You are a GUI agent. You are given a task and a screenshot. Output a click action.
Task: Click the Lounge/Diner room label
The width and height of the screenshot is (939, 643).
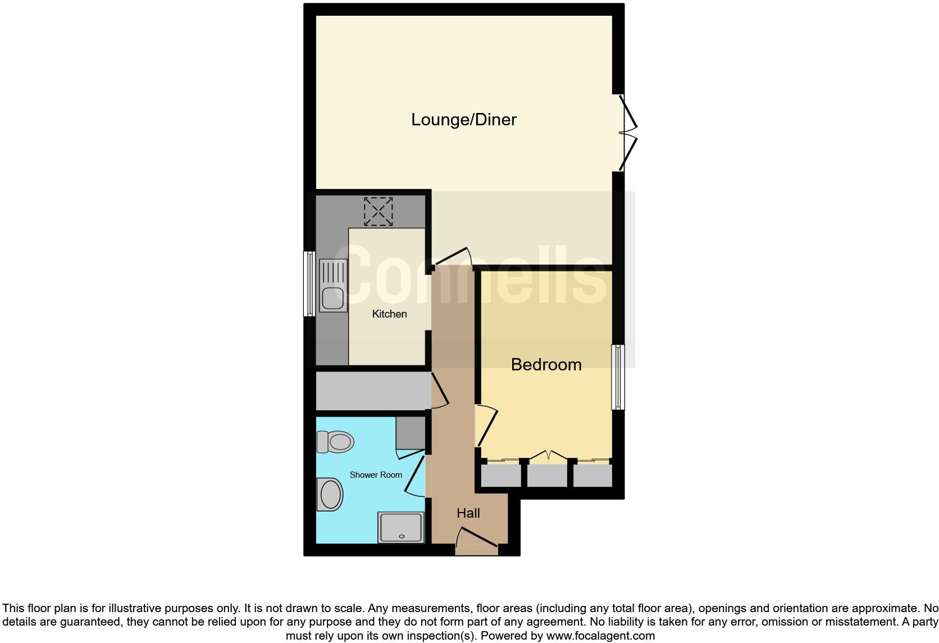pos(463,119)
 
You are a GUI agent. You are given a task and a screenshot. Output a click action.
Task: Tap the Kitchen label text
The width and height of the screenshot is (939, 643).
pos(389,314)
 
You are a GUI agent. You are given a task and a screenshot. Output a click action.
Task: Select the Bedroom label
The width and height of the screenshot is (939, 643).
pos(546,364)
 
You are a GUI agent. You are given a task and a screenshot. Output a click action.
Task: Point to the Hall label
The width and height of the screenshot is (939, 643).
pos(468,513)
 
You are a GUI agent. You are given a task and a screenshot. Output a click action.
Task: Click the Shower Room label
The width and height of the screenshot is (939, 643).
pos(376,475)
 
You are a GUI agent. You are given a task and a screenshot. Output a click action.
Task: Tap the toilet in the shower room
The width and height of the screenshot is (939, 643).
pos(335,442)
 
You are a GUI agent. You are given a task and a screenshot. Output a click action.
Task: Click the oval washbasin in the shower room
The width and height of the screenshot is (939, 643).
pos(330,495)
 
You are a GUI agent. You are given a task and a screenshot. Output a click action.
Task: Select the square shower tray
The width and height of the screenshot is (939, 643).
pos(401,528)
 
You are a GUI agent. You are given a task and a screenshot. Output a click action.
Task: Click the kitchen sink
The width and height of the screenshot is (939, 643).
pos(332,286)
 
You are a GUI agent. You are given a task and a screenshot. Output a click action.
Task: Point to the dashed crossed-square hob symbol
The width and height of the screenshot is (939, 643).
pos(378,211)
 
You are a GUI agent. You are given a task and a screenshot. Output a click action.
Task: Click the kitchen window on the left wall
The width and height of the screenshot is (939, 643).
pos(309,283)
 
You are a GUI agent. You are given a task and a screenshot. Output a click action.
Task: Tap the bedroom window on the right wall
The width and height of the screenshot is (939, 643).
pos(618,377)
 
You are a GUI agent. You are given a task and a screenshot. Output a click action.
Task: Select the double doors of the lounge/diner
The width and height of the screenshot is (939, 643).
pos(627,133)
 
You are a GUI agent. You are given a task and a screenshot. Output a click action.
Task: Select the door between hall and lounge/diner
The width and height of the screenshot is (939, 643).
pos(453,256)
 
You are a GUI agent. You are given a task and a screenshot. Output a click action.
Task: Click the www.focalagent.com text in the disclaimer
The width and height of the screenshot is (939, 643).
pos(600,636)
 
